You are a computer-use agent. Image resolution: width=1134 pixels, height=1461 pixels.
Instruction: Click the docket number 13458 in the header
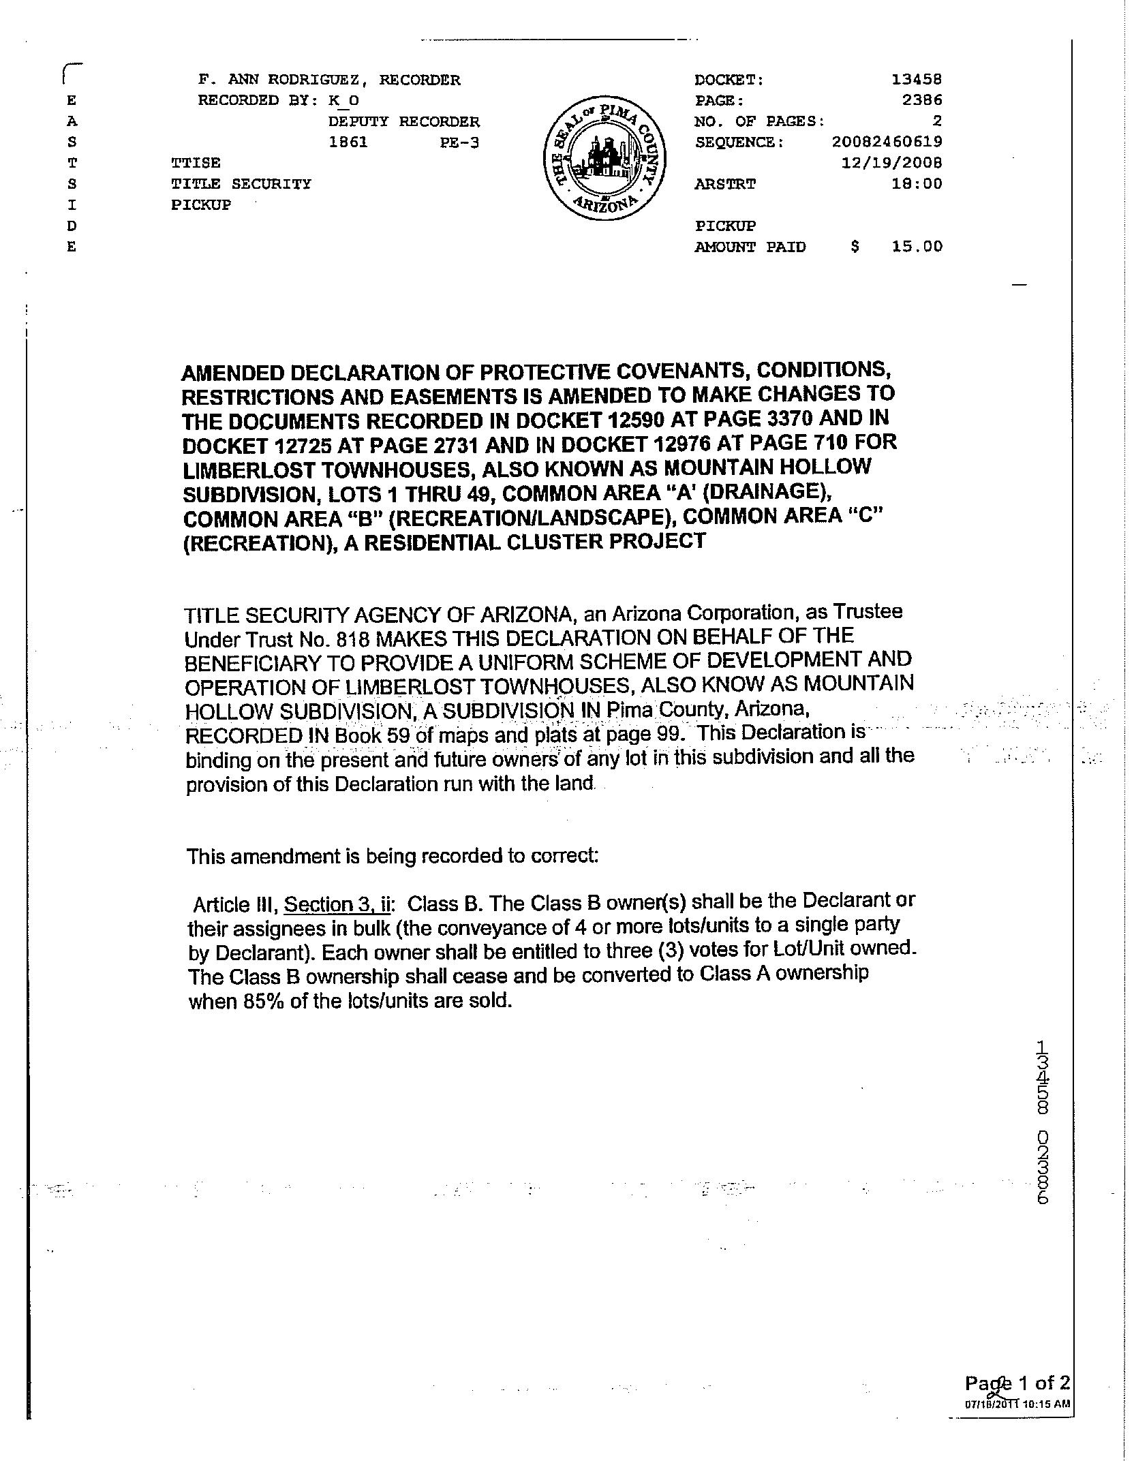pos(917,80)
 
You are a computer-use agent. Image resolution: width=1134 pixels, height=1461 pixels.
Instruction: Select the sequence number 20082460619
pos(887,142)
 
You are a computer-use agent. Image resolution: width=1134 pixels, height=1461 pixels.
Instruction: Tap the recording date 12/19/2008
pos(891,163)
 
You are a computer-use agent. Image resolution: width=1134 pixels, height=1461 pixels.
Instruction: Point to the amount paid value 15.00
pos(917,247)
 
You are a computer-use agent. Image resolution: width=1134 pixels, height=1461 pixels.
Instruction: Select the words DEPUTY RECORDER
pos(403,122)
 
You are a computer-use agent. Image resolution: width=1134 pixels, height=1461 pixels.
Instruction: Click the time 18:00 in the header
pos(917,183)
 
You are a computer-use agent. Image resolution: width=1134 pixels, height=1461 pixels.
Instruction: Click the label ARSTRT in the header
pos(724,184)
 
